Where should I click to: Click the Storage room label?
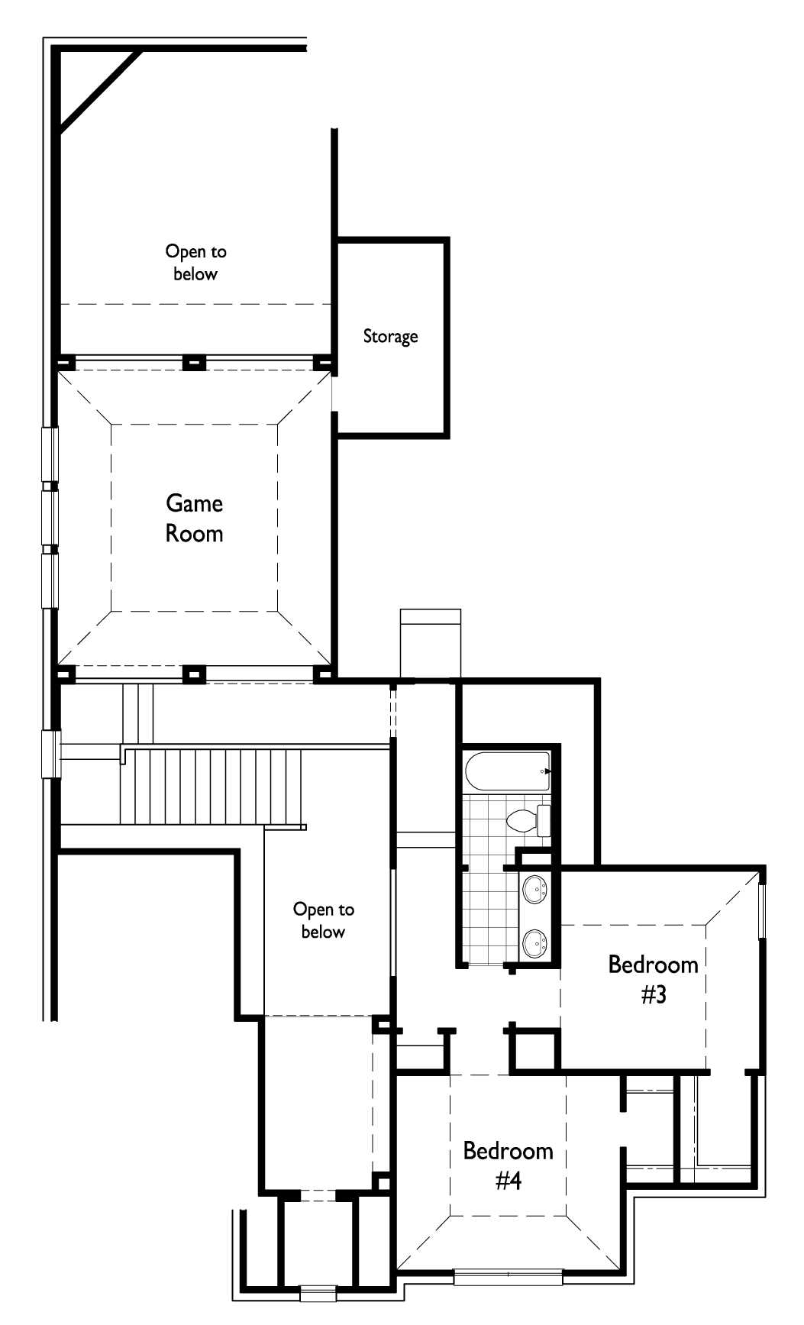[x=390, y=336]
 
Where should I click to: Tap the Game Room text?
[x=195, y=518]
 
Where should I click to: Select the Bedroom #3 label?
[x=653, y=979]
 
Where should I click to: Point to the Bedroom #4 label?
[x=508, y=1165]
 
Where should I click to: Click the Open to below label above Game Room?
[x=195, y=262]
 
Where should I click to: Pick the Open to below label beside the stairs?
[x=323, y=920]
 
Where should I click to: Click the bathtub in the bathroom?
[x=507, y=771]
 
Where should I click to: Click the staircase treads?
[x=214, y=787]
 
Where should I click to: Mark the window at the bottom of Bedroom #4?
[x=508, y=1276]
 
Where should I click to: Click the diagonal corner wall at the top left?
[x=99, y=92]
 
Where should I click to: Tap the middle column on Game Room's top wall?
[x=195, y=362]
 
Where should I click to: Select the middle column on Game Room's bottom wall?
[x=195, y=673]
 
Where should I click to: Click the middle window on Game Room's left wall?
[x=50, y=517]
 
